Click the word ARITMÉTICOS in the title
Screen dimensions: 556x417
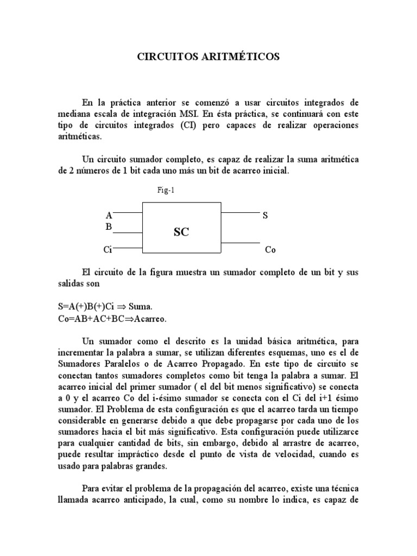(x=243, y=56)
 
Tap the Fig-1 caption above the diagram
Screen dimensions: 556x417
(x=166, y=191)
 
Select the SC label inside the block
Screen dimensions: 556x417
(x=181, y=232)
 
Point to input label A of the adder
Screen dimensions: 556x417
(x=109, y=216)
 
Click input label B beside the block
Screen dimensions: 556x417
(x=109, y=227)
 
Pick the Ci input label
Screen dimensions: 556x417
(x=108, y=250)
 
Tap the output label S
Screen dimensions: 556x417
(x=265, y=216)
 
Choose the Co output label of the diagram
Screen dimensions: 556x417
(x=270, y=250)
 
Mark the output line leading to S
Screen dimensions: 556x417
(x=240, y=212)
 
